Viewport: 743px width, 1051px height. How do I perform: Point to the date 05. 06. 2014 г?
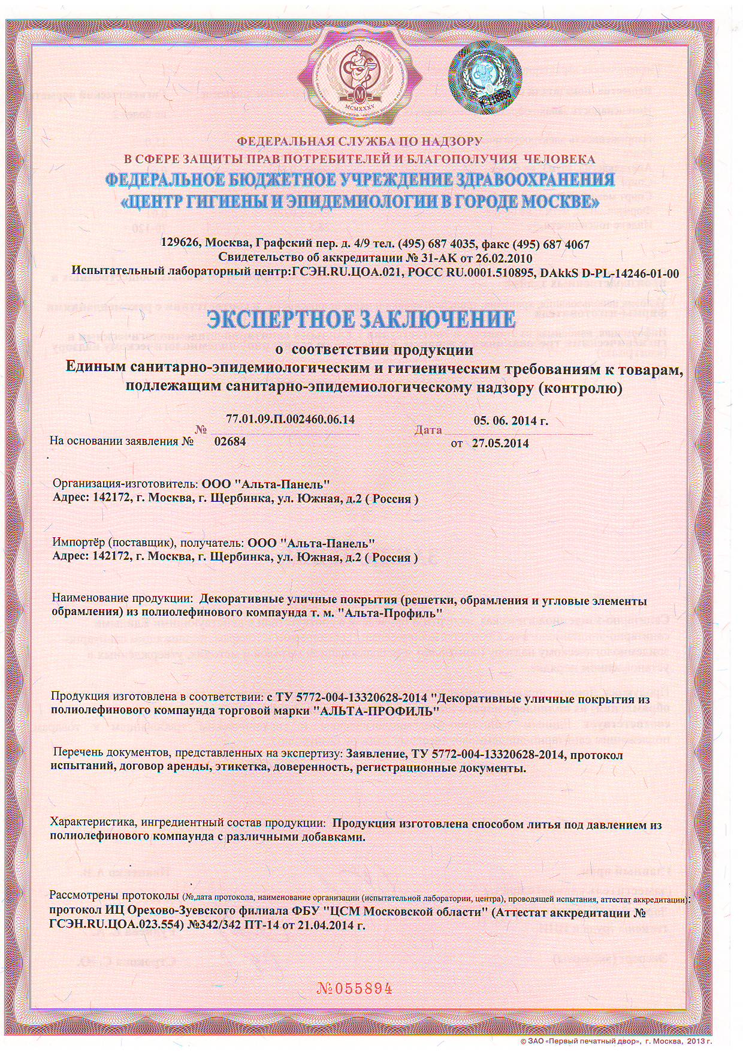point(511,420)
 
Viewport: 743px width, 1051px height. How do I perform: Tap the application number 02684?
point(230,442)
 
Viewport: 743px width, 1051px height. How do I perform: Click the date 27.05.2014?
point(500,444)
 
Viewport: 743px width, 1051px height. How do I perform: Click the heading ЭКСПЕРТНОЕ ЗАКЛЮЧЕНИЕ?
point(361,319)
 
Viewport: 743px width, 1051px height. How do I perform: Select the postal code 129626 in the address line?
point(182,245)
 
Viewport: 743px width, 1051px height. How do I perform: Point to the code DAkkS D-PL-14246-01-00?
point(609,273)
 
